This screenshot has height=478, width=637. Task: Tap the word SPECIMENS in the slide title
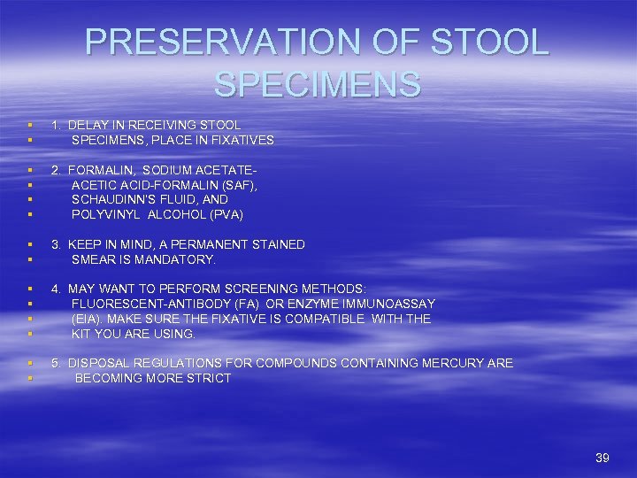(318, 84)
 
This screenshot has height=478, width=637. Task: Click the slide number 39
(602, 458)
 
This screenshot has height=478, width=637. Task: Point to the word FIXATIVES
(241, 140)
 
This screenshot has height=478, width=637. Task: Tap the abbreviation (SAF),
(237, 185)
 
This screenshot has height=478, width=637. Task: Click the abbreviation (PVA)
(224, 215)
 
